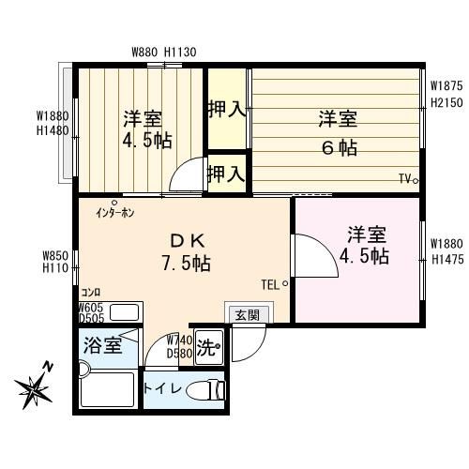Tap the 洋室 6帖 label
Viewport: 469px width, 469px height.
(337, 132)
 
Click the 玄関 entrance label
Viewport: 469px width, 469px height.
(247, 314)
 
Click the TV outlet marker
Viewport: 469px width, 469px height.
(408, 179)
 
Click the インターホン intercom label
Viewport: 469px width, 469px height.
(114, 212)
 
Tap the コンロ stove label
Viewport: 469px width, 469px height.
(91, 292)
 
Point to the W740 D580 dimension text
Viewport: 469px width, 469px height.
(179, 346)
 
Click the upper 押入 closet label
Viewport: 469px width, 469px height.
(226, 109)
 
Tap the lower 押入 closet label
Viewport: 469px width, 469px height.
(226, 174)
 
